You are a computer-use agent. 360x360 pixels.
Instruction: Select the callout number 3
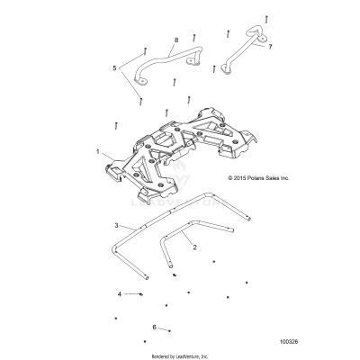117,223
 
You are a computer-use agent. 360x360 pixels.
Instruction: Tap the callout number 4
118,294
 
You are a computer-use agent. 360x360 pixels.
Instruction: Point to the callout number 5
114,67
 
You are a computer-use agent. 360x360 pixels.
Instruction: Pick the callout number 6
155,327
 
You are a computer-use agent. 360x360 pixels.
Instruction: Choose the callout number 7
270,44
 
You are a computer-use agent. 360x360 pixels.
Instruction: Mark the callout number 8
175,41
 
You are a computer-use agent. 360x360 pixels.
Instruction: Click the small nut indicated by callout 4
141,294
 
